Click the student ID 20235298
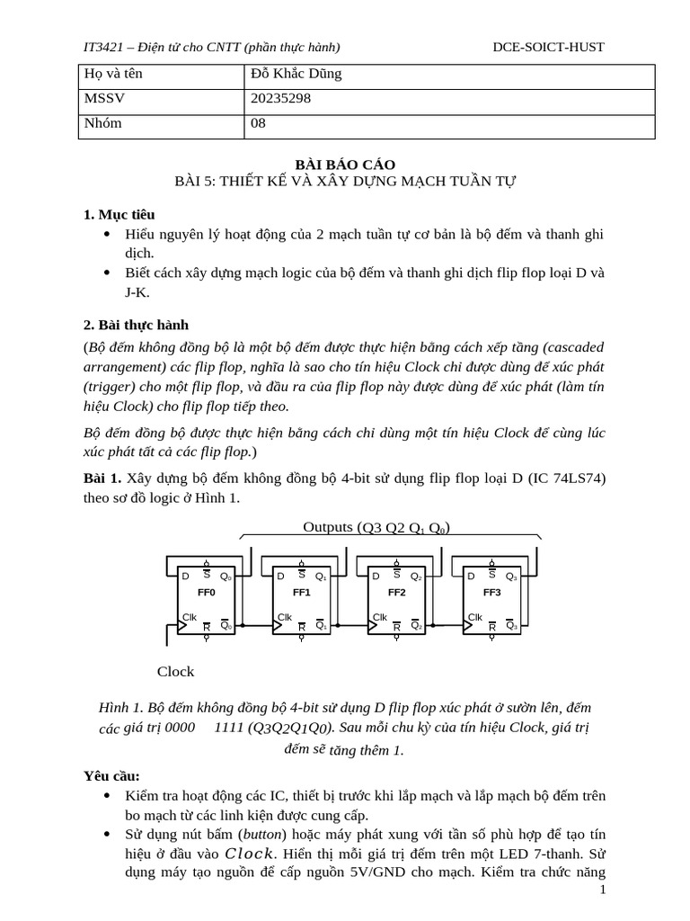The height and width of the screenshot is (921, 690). coord(281,98)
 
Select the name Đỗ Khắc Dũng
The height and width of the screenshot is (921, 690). coord(296,74)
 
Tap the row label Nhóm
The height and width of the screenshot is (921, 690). coord(102,123)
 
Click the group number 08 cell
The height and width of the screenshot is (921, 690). coord(259,123)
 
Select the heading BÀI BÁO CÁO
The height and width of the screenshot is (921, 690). coord(345,164)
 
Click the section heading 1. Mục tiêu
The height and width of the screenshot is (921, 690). coord(119,214)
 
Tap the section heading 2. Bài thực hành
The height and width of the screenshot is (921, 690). coord(136,325)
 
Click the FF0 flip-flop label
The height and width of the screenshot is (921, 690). coord(206,593)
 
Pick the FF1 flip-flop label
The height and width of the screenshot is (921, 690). coord(301,593)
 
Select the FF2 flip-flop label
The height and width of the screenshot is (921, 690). coord(396,593)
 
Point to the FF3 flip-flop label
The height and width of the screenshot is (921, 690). coord(491,593)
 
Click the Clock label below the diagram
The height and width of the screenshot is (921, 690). coord(175,671)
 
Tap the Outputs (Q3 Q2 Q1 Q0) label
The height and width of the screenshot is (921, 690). coord(376,527)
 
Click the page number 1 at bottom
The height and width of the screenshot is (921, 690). coord(603,890)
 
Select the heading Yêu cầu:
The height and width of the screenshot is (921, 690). coord(111,774)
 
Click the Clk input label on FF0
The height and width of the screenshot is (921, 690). coord(190,617)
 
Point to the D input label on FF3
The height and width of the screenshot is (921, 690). coord(471,576)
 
